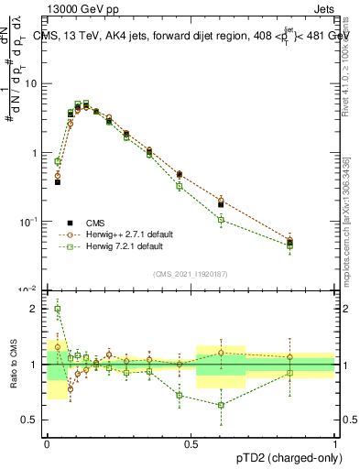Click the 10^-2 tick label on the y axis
pyautogui.click(x=30, y=289)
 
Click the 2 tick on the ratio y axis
pyautogui.click(x=36, y=309)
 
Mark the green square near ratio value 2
pyautogui.click(x=58, y=309)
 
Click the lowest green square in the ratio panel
pyautogui.click(x=221, y=405)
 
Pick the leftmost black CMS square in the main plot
pyautogui.click(x=58, y=182)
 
